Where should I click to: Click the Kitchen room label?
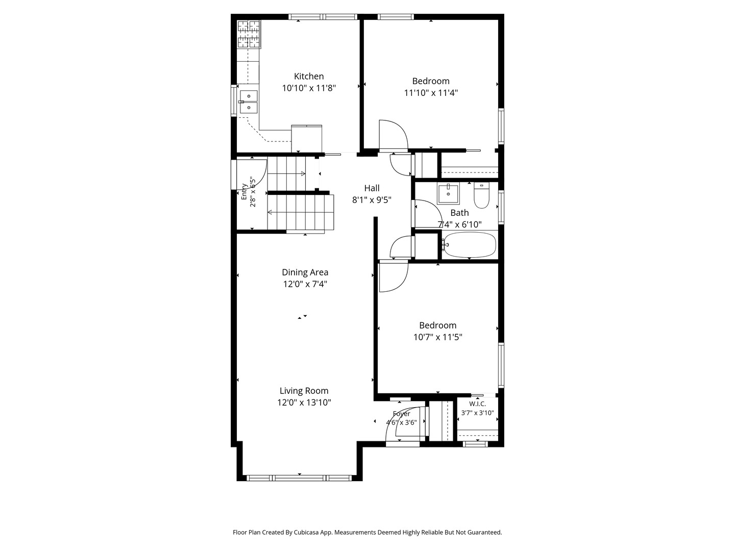click(308, 77)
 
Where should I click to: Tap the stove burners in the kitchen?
click(249, 35)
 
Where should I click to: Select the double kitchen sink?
click(249, 102)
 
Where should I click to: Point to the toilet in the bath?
click(481, 195)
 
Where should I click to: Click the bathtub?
click(469, 244)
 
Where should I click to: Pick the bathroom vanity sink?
click(448, 193)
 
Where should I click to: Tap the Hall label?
click(372, 188)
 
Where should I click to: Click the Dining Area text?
click(305, 272)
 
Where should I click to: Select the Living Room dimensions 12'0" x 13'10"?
click(304, 403)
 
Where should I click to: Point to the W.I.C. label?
click(477, 404)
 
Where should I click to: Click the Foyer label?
click(401, 414)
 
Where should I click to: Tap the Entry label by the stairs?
click(244, 192)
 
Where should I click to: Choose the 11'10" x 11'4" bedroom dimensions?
click(431, 93)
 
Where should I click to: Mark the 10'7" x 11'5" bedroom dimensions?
click(437, 337)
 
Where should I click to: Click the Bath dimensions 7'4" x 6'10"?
click(459, 224)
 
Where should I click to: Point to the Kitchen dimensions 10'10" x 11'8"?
click(309, 88)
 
